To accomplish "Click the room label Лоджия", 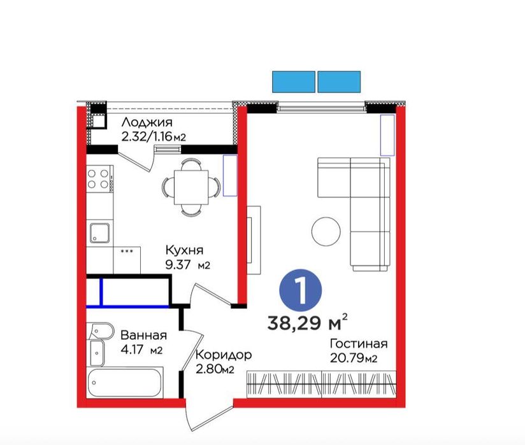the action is [147, 122].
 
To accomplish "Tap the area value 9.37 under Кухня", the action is [178, 265].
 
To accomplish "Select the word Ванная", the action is [143, 335].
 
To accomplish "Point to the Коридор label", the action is [224, 355].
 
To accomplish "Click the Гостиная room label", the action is [359, 344].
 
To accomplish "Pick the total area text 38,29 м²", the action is [307, 322].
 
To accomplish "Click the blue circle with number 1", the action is [300, 290].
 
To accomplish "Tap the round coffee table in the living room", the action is [326, 231].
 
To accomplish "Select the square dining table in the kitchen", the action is [191, 187].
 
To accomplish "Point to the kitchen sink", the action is [99, 233].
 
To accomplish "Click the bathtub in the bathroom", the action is [125, 383].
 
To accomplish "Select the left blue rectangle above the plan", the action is [294, 81].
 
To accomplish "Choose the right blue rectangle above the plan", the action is [339, 81].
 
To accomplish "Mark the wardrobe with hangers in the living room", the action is [321, 384].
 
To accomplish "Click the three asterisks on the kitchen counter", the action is [127, 251].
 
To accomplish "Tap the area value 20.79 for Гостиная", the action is [347, 358].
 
